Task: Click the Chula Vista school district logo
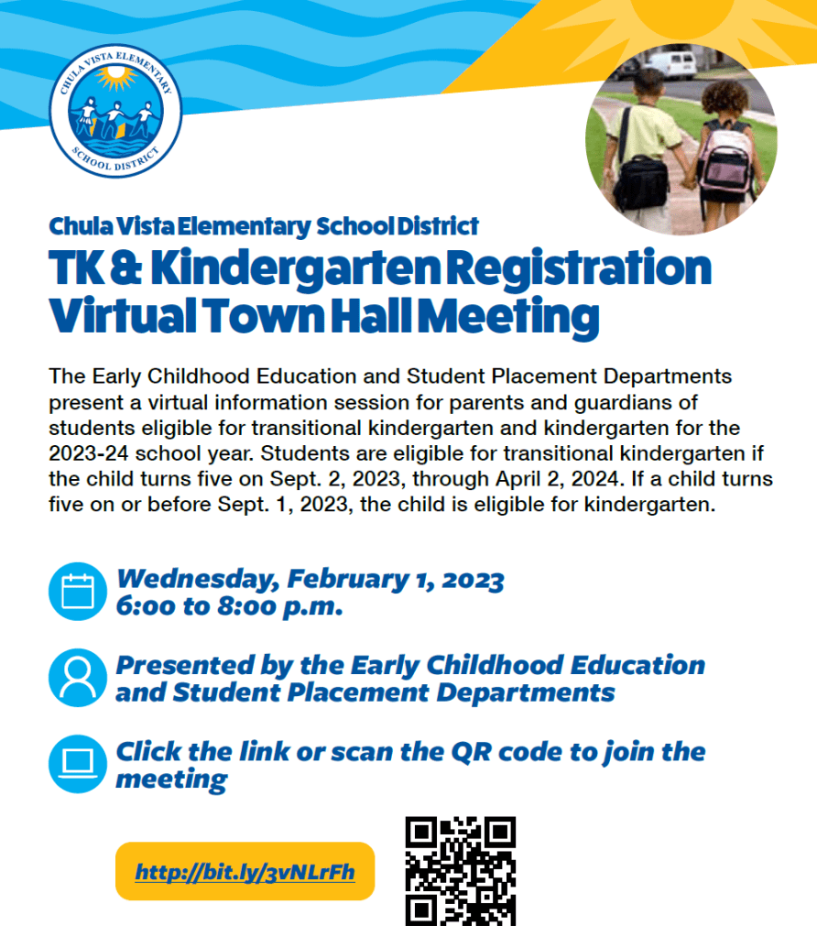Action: (115, 112)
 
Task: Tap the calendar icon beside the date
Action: (77, 592)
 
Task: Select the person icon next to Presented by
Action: (77, 678)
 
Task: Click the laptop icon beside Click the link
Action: (77, 764)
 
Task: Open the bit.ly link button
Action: (245, 871)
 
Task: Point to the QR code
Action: (461, 870)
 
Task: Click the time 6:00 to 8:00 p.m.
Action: (229, 606)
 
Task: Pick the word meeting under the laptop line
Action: (170, 779)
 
